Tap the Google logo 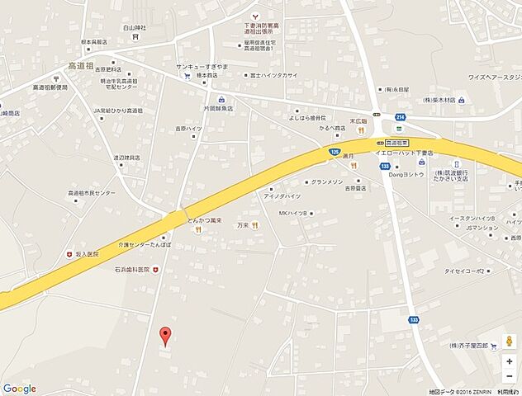click(x=19, y=389)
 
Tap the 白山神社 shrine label click(x=135, y=27)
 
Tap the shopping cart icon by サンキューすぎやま click(x=187, y=74)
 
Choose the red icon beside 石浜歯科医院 click(x=154, y=270)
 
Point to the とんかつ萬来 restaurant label click(x=206, y=221)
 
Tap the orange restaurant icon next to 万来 click(x=256, y=225)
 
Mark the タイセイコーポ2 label click(x=464, y=270)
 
